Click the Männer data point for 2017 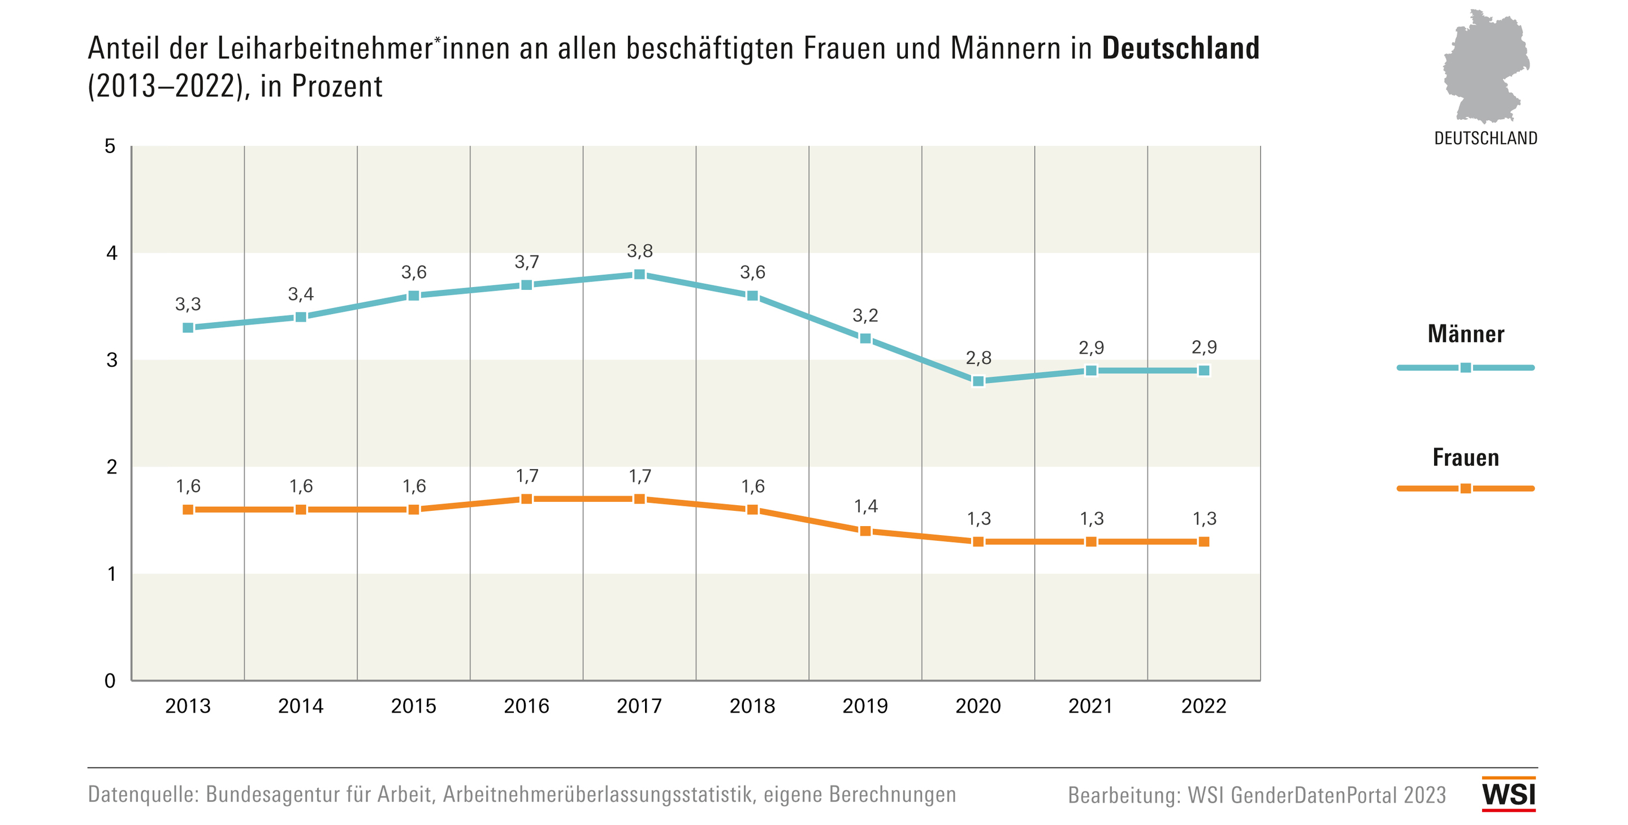coord(639,274)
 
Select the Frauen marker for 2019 coord(865,531)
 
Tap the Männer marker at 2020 coord(978,381)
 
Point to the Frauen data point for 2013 coord(188,510)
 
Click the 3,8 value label coord(639,251)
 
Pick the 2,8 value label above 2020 coord(978,358)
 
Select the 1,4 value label coord(866,506)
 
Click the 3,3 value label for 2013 coord(188,305)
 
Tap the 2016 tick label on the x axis coord(526,706)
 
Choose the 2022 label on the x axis coord(1203,706)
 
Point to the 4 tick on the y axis coord(112,253)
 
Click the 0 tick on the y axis coord(110,681)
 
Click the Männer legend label coord(1466,334)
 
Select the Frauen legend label coord(1466,457)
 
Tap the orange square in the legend coord(1466,488)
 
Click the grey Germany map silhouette coord(1484,66)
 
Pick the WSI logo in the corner coord(1509,794)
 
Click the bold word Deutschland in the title coord(1180,49)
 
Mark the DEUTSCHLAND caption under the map coord(1485,138)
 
